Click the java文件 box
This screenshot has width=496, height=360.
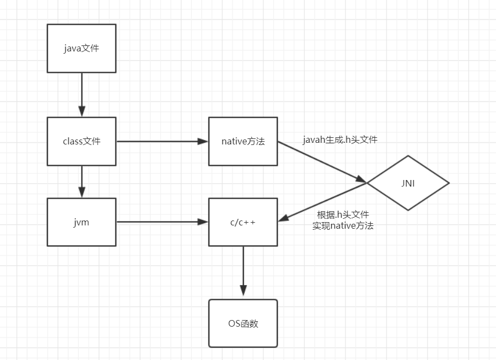click(x=82, y=48)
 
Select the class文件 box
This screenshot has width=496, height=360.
click(x=82, y=141)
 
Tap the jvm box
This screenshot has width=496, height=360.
click(x=82, y=222)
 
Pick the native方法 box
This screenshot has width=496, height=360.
click(x=243, y=141)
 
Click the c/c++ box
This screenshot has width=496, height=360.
click(x=243, y=222)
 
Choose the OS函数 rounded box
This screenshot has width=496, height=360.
click(x=243, y=323)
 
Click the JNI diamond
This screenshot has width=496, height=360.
click(x=408, y=183)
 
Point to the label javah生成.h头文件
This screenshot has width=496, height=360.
click(x=340, y=140)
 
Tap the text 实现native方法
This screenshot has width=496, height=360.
click(x=343, y=225)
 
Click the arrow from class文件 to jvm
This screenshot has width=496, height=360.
click(x=82, y=181)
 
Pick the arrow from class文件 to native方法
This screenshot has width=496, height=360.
click(x=162, y=141)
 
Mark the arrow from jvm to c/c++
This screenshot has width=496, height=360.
click(x=162, y=222)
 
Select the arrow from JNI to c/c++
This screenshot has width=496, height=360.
click(x=323, y=202)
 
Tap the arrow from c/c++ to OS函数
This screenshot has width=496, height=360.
click(x=243, y=271)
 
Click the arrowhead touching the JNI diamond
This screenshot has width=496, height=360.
click(x=361, y=180)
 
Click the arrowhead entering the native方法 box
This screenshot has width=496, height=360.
click(x=203, y=141)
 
